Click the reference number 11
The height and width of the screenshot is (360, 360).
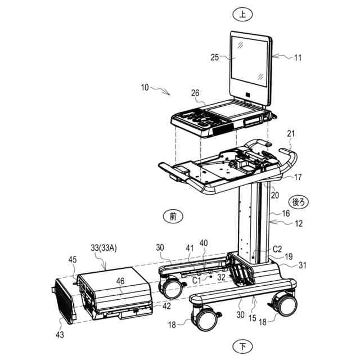298,57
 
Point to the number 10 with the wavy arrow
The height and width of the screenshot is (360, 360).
145,87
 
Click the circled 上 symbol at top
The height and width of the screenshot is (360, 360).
242,16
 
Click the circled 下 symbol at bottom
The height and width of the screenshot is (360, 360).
242,345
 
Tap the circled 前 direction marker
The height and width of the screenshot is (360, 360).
173,215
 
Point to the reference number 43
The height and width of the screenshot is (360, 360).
60,334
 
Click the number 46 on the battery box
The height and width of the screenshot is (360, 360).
120,281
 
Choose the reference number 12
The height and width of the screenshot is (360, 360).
298,223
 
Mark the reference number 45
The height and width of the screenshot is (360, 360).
73,260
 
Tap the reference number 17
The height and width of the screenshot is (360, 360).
298,177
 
